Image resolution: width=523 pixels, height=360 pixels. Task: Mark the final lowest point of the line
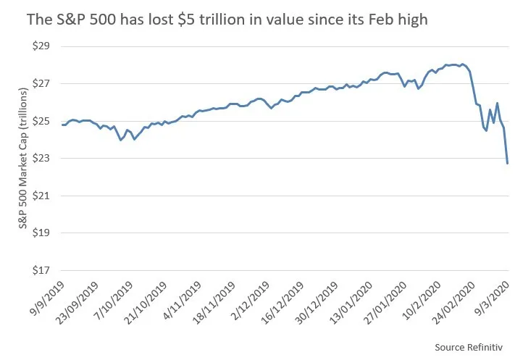pos(507,163)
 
